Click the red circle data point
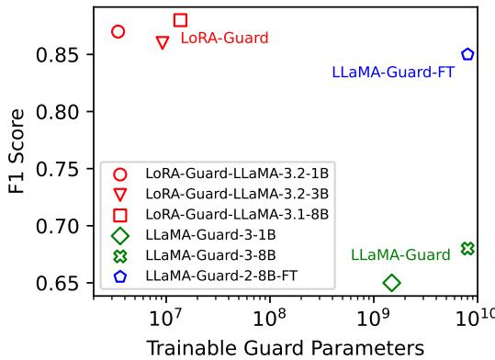click(118, 31)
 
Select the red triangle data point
click(163, 42)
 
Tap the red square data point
click(180, 20)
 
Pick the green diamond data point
click(391, 283)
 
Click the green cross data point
click(467, 248)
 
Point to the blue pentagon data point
click(467, 54)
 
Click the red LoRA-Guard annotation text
click(224, 39)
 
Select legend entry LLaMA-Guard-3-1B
click(212, 233)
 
